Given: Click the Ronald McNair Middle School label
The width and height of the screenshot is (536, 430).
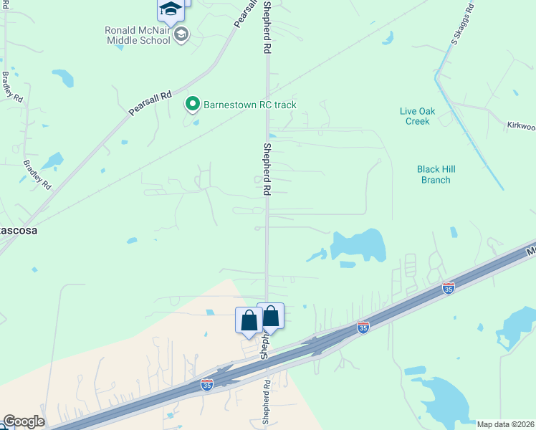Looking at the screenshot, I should (x=138, y=35).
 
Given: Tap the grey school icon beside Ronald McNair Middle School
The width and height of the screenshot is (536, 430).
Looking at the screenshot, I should (x=182, y=34).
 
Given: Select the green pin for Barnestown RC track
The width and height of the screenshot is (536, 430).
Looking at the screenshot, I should (x=192, y=105).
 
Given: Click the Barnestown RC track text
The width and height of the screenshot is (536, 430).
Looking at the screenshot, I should (x=249, y=105).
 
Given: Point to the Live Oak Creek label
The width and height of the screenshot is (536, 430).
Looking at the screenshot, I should (x=414, y=116).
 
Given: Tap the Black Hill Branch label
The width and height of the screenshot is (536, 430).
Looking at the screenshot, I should (x=436, y=174).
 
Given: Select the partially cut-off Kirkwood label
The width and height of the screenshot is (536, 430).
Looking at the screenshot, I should (x=521, y=126).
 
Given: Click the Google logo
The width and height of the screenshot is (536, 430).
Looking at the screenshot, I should (x=23, y=421).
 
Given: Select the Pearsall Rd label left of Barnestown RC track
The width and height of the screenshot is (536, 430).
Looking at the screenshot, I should (x=150, y=104).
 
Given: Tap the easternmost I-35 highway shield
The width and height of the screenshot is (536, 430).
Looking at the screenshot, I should (x=448, y=288).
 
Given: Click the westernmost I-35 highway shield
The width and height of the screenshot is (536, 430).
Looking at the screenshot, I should (x=207, y=385).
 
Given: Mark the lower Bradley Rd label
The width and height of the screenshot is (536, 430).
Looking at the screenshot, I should (x=37, y=174).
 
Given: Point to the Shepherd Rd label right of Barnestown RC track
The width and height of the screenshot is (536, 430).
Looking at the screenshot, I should (x=267, y=170).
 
